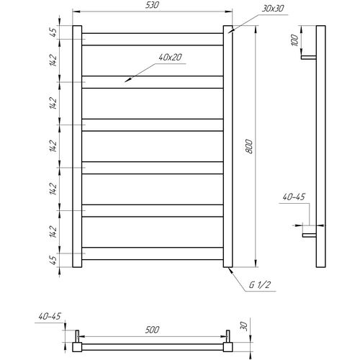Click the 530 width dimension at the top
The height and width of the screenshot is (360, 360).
(x=152, y=5)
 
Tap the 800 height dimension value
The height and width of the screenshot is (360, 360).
(x=249, y=146)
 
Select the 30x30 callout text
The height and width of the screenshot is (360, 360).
(x=273, y=9)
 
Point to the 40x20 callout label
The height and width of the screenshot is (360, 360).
(x=171, y=58)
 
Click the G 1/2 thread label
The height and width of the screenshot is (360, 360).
(x=260, y=285)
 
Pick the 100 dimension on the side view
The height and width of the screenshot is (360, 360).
(x=294, y=40)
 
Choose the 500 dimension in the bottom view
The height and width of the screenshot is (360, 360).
(x=152, y=330)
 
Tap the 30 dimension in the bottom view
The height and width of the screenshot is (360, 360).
(x=243, y=325)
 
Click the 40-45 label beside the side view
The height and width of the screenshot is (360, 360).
(x=294, y=197)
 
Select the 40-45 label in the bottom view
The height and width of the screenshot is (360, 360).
(x=50, y=316)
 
